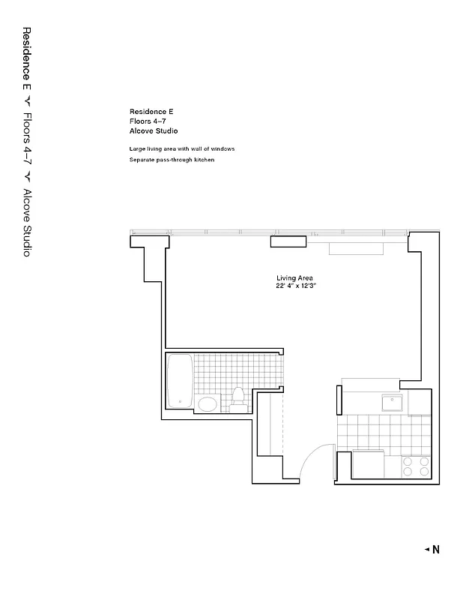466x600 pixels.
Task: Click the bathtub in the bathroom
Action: tap(180, 380)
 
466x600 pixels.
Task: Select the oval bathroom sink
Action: tap(208, 405)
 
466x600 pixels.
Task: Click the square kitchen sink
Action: tap(392, 403)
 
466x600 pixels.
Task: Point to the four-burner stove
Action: tap(417, 466)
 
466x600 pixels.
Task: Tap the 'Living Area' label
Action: tap(294, 278)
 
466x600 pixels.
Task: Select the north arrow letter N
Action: tap(436, 550)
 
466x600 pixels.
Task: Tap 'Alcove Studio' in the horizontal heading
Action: tap(153, 130)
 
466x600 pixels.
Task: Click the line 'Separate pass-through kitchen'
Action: tap(166, 160)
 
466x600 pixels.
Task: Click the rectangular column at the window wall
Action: tap(288, 241)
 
